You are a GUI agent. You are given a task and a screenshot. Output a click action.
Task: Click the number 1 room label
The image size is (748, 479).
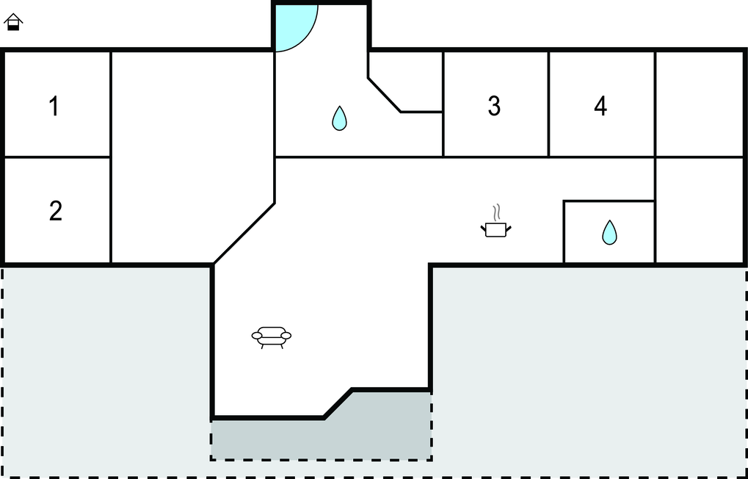pos(54,106)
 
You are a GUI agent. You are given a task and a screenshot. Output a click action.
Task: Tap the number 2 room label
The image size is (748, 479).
pos(55,211)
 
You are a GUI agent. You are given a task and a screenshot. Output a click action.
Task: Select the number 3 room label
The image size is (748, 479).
pos(494,106)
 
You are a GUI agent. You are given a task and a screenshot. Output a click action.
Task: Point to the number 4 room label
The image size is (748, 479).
pos(600,106)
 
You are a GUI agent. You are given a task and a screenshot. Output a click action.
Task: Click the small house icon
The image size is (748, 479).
pos(13,22)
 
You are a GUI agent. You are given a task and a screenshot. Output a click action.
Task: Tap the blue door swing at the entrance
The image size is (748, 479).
pos(297,28)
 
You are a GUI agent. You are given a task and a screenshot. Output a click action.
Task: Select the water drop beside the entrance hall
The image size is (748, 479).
pos(339,118)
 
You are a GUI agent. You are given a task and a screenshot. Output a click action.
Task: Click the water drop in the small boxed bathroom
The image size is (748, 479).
pos(609,233)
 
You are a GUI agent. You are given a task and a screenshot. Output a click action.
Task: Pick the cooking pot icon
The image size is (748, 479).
pos(495,229)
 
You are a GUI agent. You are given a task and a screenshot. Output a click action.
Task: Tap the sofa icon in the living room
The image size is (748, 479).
pos(272,336)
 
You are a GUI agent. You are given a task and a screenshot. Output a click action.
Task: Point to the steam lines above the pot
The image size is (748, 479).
pos(497,212)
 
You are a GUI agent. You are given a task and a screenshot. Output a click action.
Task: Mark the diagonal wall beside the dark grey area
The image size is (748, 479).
pos(338,404)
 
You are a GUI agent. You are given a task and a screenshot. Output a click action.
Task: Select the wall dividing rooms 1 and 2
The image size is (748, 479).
pos(58,156)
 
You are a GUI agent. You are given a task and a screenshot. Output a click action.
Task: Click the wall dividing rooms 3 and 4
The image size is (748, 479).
pos(548,104)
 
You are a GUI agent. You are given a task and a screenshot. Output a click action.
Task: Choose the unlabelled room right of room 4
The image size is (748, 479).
pos(700,104)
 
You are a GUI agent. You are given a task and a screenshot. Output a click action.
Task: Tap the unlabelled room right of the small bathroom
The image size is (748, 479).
pos(700,210)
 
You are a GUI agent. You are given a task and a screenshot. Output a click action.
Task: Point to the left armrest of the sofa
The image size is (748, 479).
pos(257,336)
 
